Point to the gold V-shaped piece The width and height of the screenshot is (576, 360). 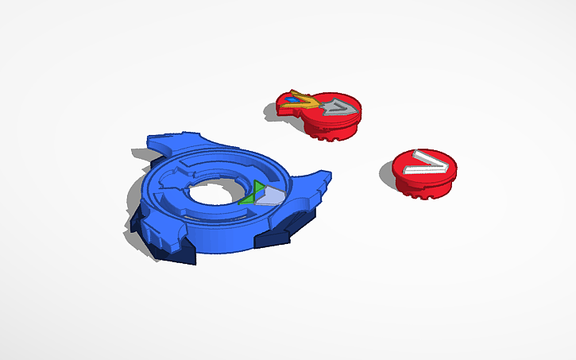pos(300,99)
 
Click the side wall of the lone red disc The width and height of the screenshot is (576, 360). pos(421,187)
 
